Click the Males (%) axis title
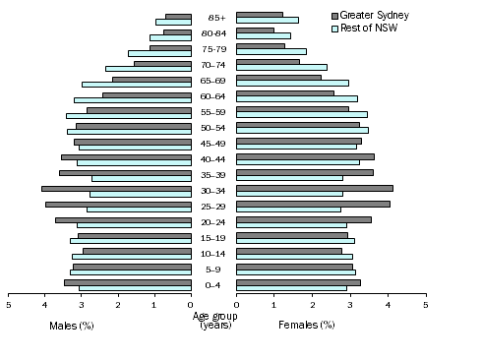[71, 325]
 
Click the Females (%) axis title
[307, 325]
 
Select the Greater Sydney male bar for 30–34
[116, 188]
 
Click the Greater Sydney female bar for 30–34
[315, 188]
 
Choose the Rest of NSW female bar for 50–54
[302, 130]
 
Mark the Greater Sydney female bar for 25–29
[313, 204]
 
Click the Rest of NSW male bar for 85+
[173, 21]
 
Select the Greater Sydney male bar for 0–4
[128, 282]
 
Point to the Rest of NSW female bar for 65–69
[292, 83]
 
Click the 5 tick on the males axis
[8, 306]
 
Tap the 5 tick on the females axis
[426, 306]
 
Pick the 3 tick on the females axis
[350, 306]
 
